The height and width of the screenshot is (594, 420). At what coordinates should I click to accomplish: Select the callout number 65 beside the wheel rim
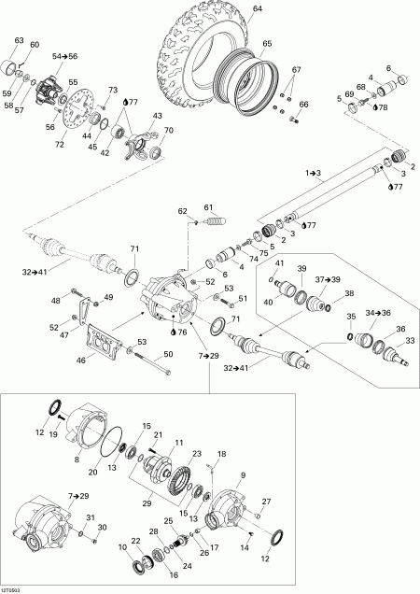(268, 44)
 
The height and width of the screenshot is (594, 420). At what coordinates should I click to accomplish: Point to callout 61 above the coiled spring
(209, 206)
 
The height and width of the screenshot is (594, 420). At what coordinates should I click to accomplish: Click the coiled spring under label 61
(217, 227)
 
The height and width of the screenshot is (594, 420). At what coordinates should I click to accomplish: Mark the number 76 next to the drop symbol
(181, 332)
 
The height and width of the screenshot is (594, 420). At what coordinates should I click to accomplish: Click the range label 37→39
(327, 279)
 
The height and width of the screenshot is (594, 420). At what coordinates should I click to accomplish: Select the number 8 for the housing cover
(77, 460)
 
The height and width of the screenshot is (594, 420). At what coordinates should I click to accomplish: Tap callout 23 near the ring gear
(197, 455)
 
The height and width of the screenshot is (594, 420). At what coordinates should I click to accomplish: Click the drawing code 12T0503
(13, 588)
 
